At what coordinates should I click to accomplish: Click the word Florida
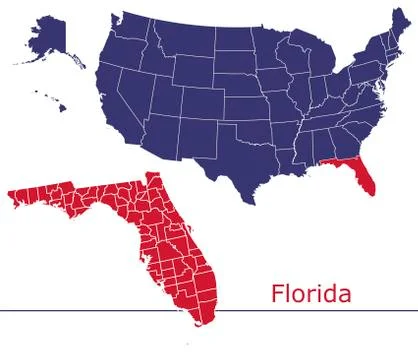tap(310, 294)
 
